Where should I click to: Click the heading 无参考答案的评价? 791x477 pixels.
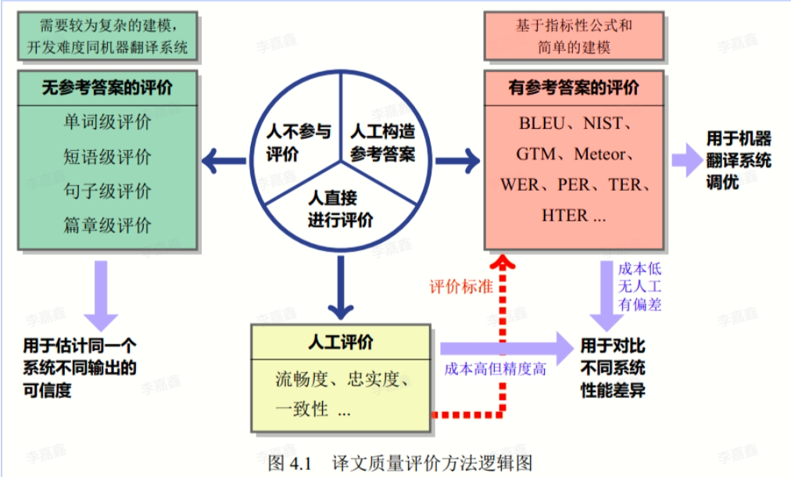coord(107,87)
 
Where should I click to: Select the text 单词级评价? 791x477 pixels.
coord(107,123)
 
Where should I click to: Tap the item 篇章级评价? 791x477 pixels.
coord(107,226)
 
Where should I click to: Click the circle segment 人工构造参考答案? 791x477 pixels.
coord(382,142)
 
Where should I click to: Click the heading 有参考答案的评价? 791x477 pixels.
coord(573,87)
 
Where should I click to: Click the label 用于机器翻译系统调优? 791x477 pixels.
coord(738,160)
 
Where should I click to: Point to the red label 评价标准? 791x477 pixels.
coord(461,286)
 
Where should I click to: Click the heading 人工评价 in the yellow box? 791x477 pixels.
coord(341,342)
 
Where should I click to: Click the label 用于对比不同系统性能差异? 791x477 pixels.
coord(612,368)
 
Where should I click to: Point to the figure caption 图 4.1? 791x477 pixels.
coord(290,462)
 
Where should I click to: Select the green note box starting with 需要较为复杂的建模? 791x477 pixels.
coord(107,36)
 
